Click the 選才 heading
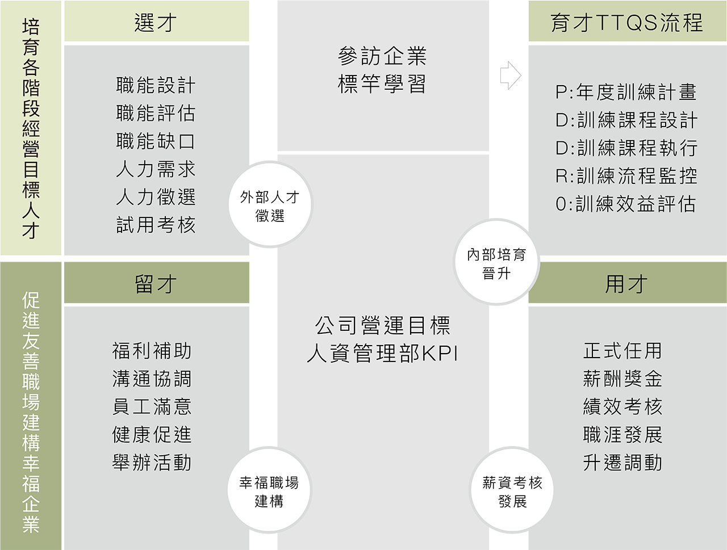click(156, 23)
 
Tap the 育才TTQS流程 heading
click(626, 23)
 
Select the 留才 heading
click(156, 284)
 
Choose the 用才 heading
click(626, 284)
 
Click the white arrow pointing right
click(509, 75)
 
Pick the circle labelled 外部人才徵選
click(270, 205)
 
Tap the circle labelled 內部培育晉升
click(496, 263)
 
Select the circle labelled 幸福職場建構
click(269, 492)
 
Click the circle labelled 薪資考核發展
click(512, 492)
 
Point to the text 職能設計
click(156, 86)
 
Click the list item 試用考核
click(156, 225)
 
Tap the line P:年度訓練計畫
click(626, 92)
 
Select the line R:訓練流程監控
click(626, 176)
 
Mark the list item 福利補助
click(152, 351)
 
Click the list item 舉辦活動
click(152, 463)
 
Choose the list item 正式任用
click(622, 351)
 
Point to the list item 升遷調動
click(622, 463)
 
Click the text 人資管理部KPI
click(382, 354)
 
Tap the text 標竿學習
click(382, 85)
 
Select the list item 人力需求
click(156, 169)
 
